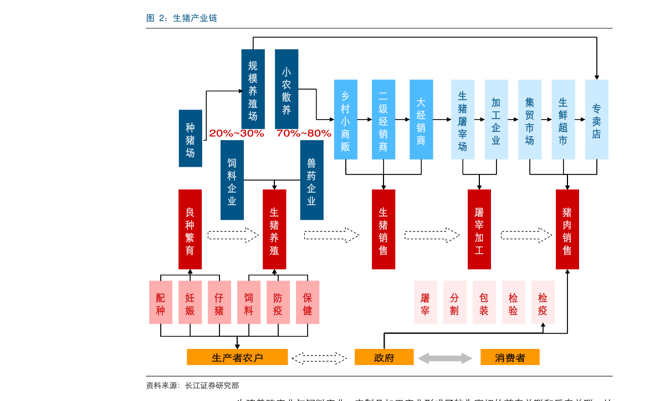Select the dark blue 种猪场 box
[x=190, y=138]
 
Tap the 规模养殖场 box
[x=253, y=89]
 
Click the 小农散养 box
[x=286, y=89]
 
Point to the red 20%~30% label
[x=237, y=133]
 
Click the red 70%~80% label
[x=304, y=133]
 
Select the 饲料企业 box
[x=232, y=180]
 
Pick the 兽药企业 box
[x=311, y=180]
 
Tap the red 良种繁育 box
[x=190, y=229]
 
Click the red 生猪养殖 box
[x=274, y=229]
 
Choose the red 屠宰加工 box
[x=479, y=229]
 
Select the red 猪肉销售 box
[x=567, y=229]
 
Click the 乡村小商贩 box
[x=346, y=119]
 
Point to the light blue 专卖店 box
[x=597, y=119]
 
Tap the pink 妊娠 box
[x=190, y=302]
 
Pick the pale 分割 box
[x=455, y=302]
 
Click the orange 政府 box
[x=384, y=357]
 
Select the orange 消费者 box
[x=510, y=357]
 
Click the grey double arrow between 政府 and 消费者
[x=445, y=358]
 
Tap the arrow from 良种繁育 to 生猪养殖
[x=232, y=235]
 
